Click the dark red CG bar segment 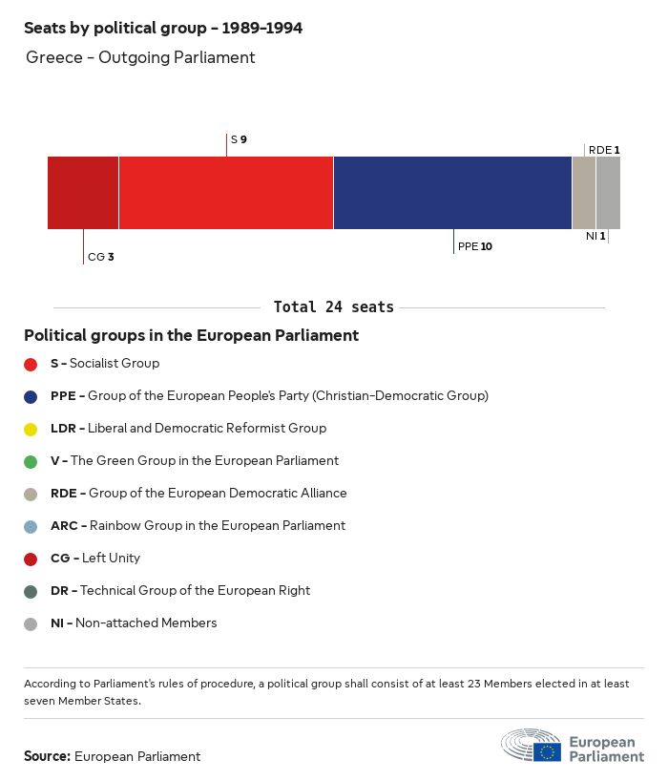tap(83, 193)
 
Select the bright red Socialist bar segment tap(226, 193)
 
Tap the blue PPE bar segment tap(452, 193)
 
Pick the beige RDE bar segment tap(584, 193)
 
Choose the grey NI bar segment tap(608, 193)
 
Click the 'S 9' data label tap(239, 139)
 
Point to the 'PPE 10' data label tap(475, 246)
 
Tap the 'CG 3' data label tap(101, 257)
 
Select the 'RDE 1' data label tap(604, 150)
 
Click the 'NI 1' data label tap(595, 236)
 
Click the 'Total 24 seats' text tap(333, 307)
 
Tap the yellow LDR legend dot tap(31, 429)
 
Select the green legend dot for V tap(31, 461)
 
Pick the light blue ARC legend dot tap(31, 526)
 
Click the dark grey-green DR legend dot tap(31, 591)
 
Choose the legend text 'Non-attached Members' tap(146, 623)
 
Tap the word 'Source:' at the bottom tap(47, 756)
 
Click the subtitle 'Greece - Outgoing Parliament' tap(140, 57)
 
